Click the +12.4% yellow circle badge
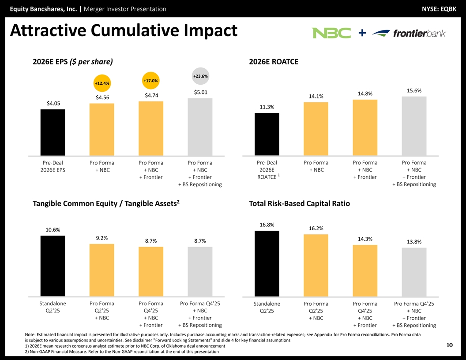pyautogui.click(x=102, y=83)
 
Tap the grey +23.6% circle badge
pyautogui.click(x=200, y=76)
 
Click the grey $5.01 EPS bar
pyautogui.click(x=200, y=127)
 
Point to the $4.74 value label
pyautogui.click(x=151, y=95)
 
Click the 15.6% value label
pyautogui.click(x=414, y=90)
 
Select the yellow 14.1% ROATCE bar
pyautogui.click(x=316, y=129)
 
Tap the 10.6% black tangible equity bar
pyautogui.click(x=53, y=266)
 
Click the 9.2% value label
pyautogui.click(x=102, y=238)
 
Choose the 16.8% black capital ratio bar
pyautogui.click(x=267, y=263)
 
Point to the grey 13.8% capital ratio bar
pyautogui.click(x=414, y=272)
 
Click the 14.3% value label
pyautogui.click(x=365, y=239)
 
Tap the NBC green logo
pyautogui.click(x=331, y=33)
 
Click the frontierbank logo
pyautogui.click(x=409, y=34)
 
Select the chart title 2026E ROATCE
pyautogui.click(x=274, y=62)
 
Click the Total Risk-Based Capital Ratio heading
pyautogui.click(x=299, y=203)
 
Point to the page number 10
pyautogui.click(x=450, y=345)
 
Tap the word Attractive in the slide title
pyautogui.click(x=48, y=31)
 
